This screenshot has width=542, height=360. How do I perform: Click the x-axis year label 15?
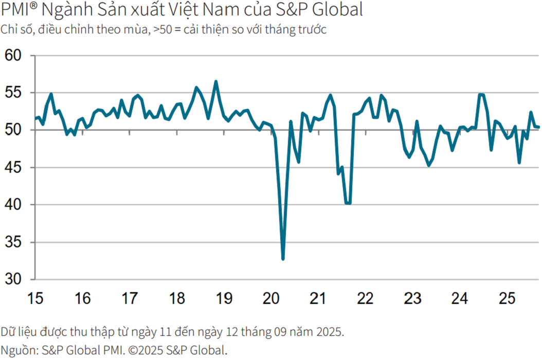[x=35, y=298]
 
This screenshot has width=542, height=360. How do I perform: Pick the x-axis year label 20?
[x=271, y=298]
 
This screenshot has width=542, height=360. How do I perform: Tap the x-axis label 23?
[x=412, y=298]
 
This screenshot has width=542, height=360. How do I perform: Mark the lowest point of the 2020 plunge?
[x=283, y=259]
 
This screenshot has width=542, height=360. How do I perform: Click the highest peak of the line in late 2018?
[x=216, y=81]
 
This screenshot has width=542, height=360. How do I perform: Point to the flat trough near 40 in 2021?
[x=348, y=203]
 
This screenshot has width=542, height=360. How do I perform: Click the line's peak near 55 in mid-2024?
[x=481, y=94]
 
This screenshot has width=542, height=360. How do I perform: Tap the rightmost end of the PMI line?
[x=538, y=127]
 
